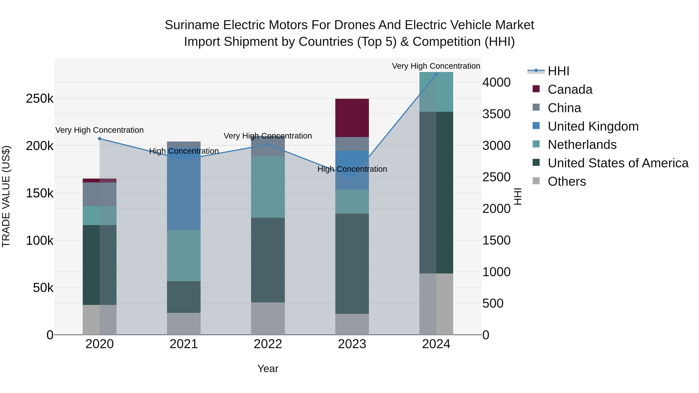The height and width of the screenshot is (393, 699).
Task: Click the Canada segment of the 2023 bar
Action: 352,118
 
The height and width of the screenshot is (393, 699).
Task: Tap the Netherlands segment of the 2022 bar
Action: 268,187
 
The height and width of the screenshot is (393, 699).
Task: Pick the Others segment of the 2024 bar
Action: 436,304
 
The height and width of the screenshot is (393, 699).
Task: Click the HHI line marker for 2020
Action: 100,139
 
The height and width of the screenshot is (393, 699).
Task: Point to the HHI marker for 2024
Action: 436,74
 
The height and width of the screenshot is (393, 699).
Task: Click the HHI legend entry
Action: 558,71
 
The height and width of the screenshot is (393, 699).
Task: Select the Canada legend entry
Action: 570,89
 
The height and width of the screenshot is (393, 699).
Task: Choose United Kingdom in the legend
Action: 593,126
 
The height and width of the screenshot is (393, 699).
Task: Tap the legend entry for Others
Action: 567,181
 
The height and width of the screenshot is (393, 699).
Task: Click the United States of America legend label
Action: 618,163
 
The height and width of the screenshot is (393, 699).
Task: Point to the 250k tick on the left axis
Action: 40,98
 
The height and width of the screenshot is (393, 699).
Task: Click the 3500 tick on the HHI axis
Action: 496,114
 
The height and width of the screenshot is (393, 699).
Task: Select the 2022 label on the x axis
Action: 268,344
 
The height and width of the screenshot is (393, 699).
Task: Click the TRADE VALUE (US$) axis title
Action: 6,196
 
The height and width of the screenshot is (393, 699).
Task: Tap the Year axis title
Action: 268,369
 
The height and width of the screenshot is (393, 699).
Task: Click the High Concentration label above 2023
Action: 352,169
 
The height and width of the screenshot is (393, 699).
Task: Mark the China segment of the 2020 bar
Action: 100,194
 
